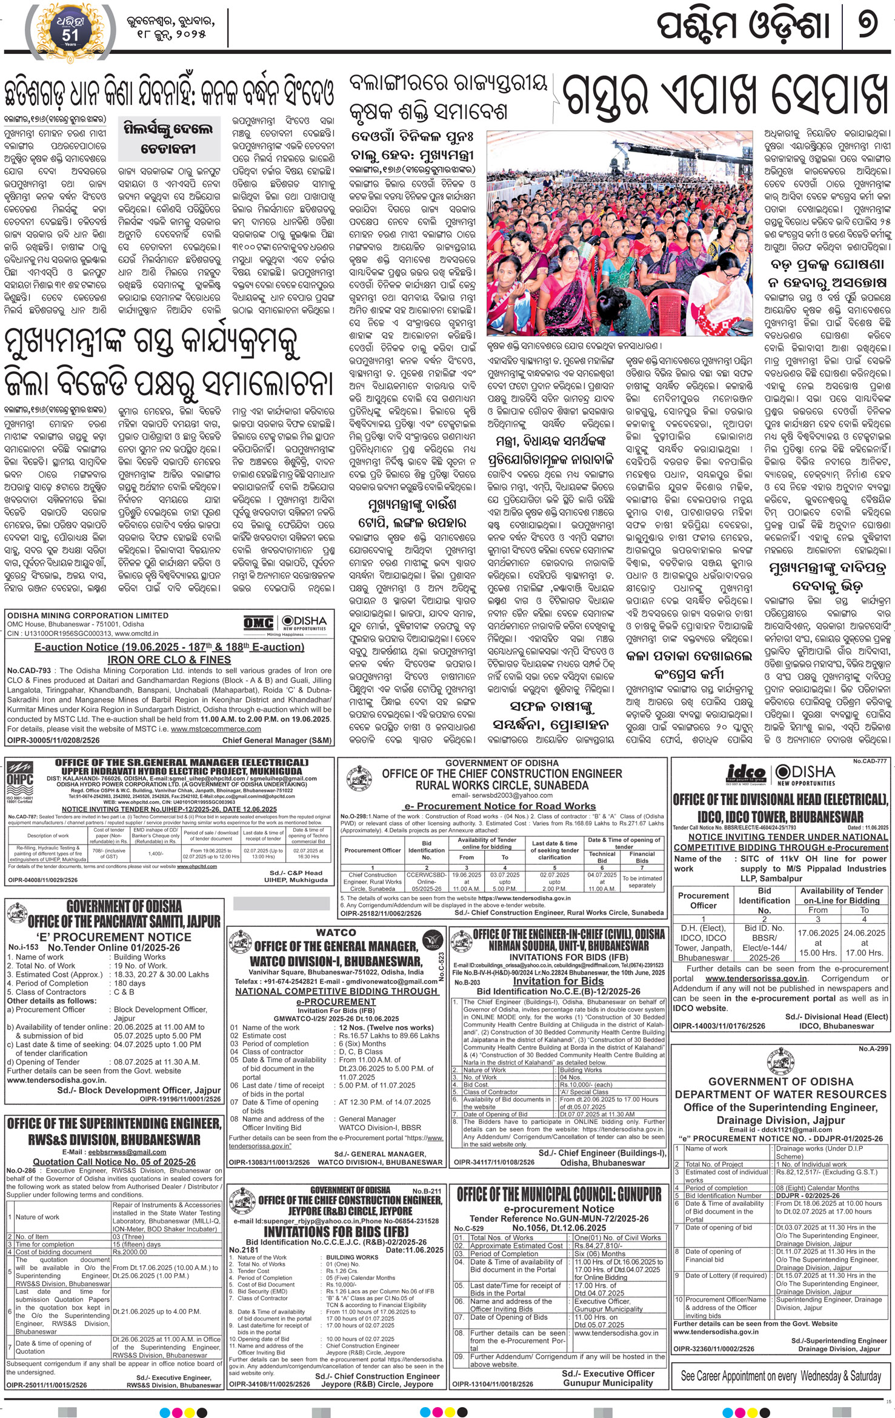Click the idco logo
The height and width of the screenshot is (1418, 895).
(745, 774)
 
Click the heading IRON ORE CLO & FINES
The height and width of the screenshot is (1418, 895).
(169, 660)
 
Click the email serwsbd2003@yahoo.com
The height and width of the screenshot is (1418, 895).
(502, 795)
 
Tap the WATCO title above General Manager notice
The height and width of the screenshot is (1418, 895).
(336, 932)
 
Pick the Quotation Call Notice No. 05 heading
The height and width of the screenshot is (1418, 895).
(114, 1162)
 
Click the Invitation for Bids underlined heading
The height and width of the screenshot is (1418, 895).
(558, 981)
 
